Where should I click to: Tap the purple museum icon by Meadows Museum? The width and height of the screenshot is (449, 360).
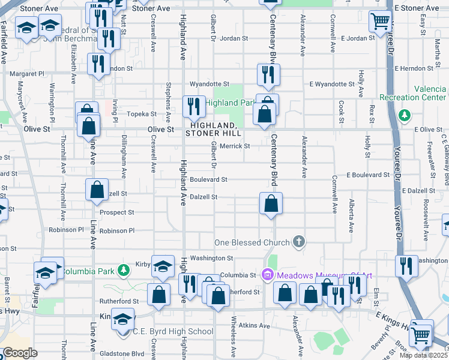(x=268, y=275)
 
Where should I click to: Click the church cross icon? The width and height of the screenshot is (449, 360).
(x=298, y=242)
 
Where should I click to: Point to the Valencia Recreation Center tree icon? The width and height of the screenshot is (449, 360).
(x=405, y=114)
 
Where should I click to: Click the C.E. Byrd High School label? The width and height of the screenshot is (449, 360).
(x=164, y=331)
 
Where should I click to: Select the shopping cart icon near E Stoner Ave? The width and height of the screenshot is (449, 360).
(x=380, y=22)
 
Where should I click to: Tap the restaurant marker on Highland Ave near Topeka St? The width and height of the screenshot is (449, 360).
(x=193, y=106)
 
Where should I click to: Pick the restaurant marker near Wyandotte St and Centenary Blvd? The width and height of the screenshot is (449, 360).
(x=268, y=74)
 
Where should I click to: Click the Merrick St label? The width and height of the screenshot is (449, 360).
(x=235, y=146)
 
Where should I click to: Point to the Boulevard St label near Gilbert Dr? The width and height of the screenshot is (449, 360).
(x=208, y=179)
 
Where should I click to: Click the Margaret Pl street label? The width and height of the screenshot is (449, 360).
(x=27, y=74)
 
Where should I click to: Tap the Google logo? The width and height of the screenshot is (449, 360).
(x=20, y=353)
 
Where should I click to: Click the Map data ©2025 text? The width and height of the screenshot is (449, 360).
(x=424, y=355)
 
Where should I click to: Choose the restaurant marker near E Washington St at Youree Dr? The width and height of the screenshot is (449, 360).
(x=406, y=266)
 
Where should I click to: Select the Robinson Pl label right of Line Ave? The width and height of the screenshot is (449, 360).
(x=117, y=230)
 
